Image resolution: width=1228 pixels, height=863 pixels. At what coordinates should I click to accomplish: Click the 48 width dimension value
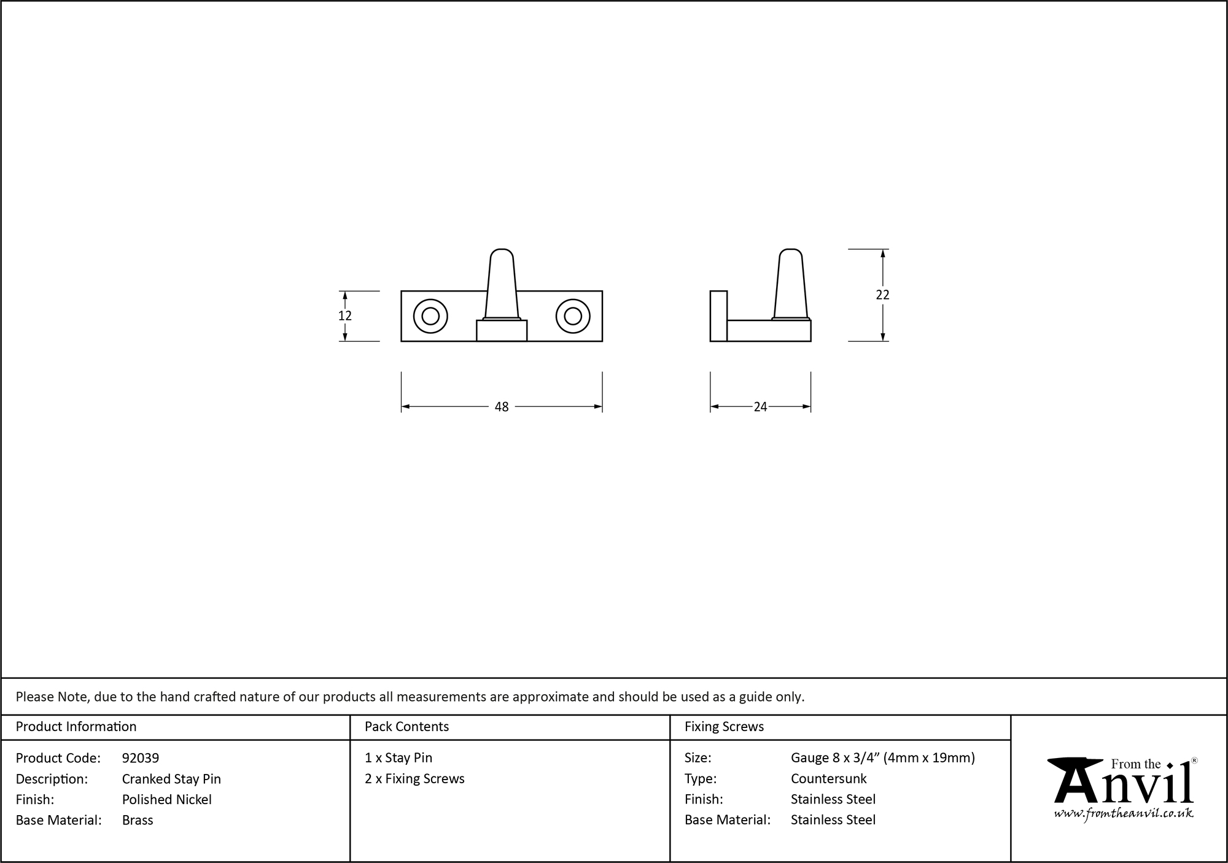coord(502,407)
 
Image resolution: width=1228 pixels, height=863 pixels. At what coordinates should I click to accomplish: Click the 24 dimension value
coord(760,407)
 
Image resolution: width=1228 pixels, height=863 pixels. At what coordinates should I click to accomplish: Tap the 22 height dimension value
coord(882,295)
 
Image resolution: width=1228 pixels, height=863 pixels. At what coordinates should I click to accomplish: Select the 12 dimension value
coord(345,315)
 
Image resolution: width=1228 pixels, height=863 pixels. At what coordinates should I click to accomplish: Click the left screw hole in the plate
coord(430,316)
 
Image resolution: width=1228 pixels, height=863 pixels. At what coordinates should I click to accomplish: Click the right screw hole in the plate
coord(573,316)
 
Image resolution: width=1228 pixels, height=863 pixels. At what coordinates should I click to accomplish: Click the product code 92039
coord(141,758)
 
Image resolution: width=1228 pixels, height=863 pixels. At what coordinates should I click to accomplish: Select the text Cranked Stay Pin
coord(171,779)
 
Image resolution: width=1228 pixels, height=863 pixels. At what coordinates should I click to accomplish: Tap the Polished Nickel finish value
coord(167,799)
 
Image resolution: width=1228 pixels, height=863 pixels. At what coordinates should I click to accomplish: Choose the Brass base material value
coord(138,820)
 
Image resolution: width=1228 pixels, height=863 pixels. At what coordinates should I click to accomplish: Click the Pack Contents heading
coord(406,727)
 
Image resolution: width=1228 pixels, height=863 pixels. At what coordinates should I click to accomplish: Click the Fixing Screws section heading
coord(724,727)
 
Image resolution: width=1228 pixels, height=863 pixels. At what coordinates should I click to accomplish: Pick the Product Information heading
coord(76,727)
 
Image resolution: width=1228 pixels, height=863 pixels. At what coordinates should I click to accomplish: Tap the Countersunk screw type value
coord(828,779)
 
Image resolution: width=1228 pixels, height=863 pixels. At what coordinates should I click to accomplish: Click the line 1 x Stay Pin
coord(398,758)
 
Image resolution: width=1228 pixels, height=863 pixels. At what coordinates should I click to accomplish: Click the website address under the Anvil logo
coord(1124,814)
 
